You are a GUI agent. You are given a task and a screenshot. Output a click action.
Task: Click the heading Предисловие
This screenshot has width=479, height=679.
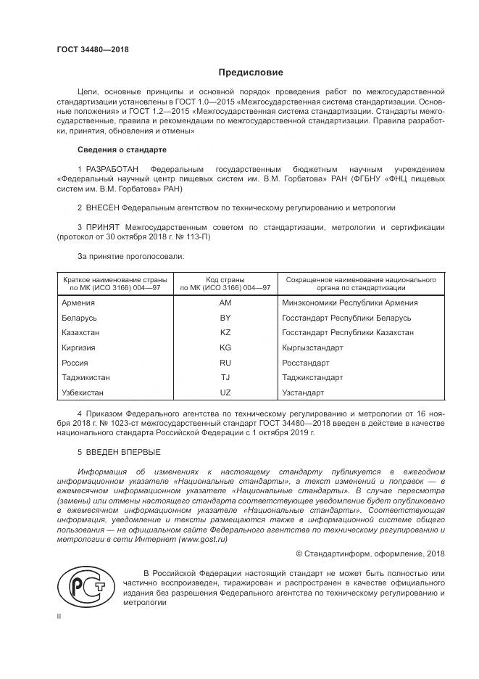point(251,73)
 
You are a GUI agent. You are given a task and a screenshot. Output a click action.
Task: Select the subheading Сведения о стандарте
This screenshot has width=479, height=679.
point(122,149)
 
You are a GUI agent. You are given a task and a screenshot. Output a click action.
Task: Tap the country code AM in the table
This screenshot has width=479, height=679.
point(225,303)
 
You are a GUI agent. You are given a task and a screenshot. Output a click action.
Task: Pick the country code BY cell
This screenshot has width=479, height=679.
point(225,318)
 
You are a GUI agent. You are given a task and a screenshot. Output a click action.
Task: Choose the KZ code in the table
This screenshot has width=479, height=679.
point(225,332)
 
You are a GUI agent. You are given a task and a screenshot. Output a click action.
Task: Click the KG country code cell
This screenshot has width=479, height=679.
point(225,347)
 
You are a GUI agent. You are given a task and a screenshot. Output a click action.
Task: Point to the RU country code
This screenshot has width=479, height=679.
point(225,363)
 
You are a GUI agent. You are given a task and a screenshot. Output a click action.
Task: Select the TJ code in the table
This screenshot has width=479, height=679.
point(225,378)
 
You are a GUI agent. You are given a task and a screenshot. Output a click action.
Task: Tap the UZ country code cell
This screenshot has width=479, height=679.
point(225,392)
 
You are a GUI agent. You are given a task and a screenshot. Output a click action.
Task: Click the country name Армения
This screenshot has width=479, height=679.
point(79,303)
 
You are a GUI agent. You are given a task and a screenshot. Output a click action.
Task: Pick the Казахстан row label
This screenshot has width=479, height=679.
point(82,332)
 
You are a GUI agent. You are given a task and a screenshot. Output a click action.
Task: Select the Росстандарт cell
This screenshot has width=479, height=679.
point(307,363)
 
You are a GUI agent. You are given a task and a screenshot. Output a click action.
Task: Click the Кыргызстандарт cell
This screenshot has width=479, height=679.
point(313,347)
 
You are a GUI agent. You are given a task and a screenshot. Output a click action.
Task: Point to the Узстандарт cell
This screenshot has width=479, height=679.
point(304,392)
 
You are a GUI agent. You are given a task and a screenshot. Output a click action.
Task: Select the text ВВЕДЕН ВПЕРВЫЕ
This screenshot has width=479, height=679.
point(119,452)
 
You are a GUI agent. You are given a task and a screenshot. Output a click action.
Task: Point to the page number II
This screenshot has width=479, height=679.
point(59,615)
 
